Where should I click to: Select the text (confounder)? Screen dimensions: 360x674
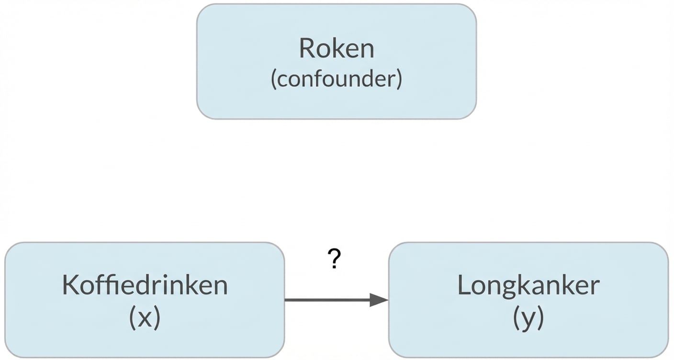click(x=337, y=79)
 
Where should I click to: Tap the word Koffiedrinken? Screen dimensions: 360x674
click(x=145, y=285)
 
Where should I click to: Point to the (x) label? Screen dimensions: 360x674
click(x=145, y=318)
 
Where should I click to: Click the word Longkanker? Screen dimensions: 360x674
click(x=528, y=285)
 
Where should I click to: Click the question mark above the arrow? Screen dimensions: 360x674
click(x=335, y=259)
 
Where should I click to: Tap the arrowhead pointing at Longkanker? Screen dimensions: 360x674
click(x=379, y=300)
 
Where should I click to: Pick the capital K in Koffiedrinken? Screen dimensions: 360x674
click(x=70, y=285)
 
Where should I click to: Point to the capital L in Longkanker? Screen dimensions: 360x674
click(x=463, y=285)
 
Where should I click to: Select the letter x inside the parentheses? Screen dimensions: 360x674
click(x=145, y=318)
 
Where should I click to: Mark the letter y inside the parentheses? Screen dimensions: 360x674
click(x=528, y=320)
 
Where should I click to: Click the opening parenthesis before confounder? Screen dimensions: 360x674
click(x=274, y=79)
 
